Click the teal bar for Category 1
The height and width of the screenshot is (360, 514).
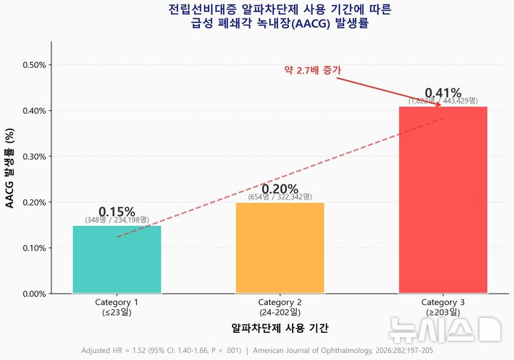pos(117,259)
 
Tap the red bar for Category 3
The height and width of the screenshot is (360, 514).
pos(443,200)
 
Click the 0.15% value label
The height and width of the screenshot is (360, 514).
pos(117,211)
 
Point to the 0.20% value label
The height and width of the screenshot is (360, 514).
pos(280,189)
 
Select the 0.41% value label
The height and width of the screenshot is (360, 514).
pos(443,93)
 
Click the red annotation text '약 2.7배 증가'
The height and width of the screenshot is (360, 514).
pos(313,70)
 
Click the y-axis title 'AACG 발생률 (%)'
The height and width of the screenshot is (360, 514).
pos(10,168)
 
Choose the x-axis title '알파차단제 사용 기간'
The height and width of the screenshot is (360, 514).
pos(280,328)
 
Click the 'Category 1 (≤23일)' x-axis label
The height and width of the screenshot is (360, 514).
pos(117,307)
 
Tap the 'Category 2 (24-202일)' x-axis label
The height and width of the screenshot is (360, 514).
pos(280,307)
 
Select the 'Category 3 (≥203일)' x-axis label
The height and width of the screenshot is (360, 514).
pos(443,307)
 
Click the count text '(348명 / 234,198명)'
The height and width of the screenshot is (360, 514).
pos(117,220)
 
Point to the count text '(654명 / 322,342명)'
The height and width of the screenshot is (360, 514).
pos(280,197)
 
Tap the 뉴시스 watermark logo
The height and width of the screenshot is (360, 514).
pos(443,329)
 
